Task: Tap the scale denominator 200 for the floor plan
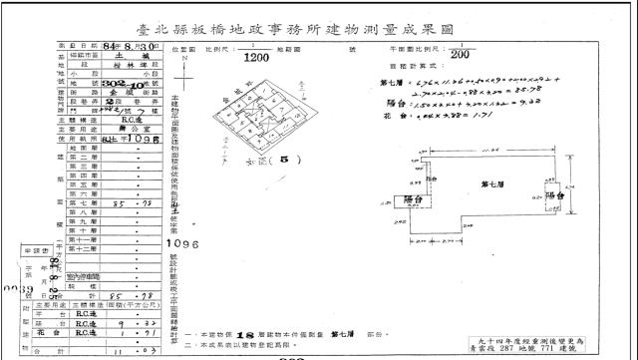[462, 56]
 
